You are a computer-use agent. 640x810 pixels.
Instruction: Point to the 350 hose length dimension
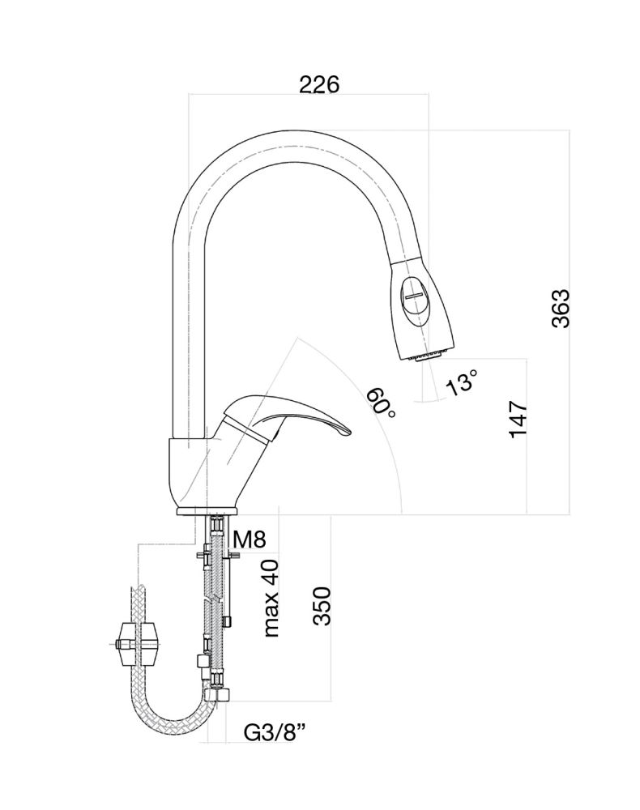coord(322,606)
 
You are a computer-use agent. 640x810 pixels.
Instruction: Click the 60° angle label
coord(380,402)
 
